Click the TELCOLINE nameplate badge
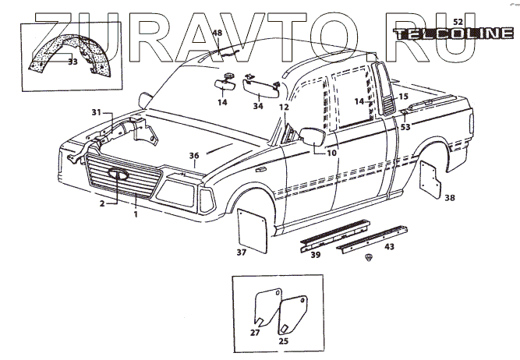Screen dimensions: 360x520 point(454,34)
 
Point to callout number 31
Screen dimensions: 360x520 point(96,113)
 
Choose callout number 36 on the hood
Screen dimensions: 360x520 point(194,155)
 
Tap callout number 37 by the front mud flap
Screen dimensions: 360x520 point(241,252)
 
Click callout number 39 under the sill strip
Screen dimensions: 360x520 point(316,254)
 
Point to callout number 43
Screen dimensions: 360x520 point(389,246)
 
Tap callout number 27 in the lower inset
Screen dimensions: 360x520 point(255,332)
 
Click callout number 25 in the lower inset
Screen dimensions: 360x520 point(283,341)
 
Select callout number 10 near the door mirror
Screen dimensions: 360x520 point(331,153)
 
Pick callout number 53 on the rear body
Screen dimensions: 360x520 point(405,126)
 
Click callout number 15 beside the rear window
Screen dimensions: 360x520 point(404,97)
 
